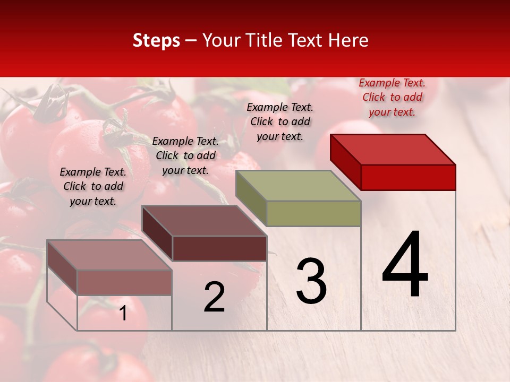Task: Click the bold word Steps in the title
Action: [156, 40]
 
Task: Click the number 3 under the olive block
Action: [311, 281]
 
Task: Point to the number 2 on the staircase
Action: [215, 297]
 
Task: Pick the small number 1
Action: [123, 314]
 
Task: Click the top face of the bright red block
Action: [393, 149]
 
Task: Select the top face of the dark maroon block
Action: [204, 221]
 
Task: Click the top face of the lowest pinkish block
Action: [109, 255]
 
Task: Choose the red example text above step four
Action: [392, 97]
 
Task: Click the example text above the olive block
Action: [280, 121]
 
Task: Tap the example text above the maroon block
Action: [185, 155]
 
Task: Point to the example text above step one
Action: [93, 186]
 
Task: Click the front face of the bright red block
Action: [408, 177]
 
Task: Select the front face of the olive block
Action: [313, 213]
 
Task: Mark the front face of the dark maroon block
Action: [219, 248]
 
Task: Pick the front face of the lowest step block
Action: [124, 282]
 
